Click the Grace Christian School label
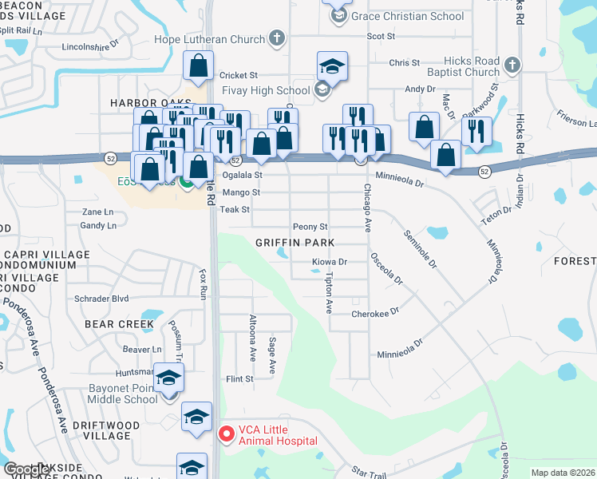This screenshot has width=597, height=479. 407,16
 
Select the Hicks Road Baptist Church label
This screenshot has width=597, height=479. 462,67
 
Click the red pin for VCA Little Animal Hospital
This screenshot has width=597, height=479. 226,434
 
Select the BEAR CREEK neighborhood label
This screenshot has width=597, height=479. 119,324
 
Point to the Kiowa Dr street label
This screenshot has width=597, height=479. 330,262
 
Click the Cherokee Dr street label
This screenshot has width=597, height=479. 374,314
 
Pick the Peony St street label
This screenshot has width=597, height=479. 310,227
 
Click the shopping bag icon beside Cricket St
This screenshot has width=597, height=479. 198,67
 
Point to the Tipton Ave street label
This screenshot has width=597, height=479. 328,292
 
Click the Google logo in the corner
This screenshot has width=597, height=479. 27,470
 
